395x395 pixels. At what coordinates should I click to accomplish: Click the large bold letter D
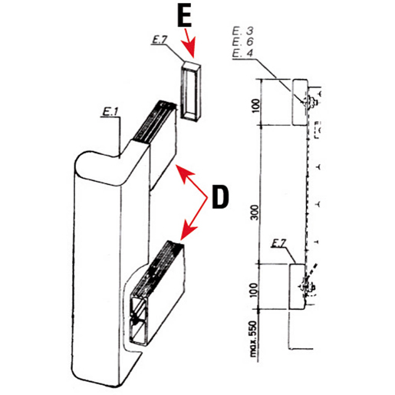[x=219, y=197]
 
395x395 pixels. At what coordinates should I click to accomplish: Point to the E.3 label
[x=242, y=31]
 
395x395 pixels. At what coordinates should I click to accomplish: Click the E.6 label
[x=242, y=42]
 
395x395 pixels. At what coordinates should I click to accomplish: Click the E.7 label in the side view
[x=280, y=243]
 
